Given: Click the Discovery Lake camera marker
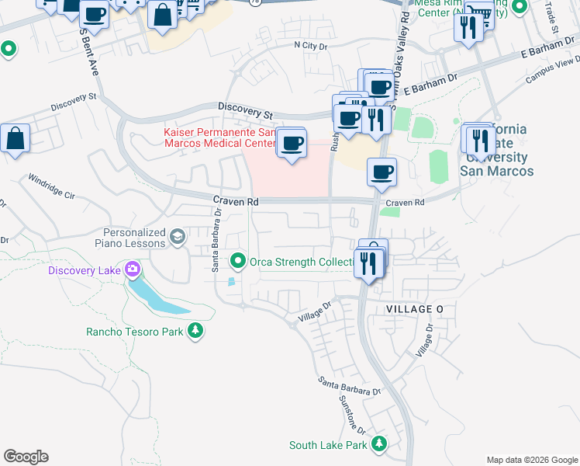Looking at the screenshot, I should (133, 270).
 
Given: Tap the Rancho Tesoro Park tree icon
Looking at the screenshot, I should (196, 332).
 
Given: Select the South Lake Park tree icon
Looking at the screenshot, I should (379, 444).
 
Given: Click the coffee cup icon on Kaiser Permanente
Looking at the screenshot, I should (292, 143).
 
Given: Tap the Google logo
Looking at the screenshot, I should (26, 457).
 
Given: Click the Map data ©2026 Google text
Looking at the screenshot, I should (532, 460).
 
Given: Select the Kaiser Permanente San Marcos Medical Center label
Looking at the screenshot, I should (219, 137).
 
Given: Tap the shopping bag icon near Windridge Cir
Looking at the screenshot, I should (16, 140).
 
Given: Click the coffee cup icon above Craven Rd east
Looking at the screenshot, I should (381, 172).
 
